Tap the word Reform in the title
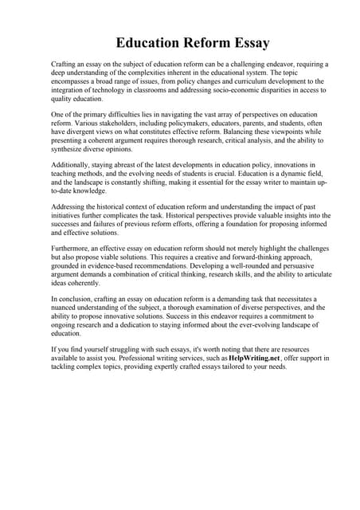pyautogui.click(x=174, y=42)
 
